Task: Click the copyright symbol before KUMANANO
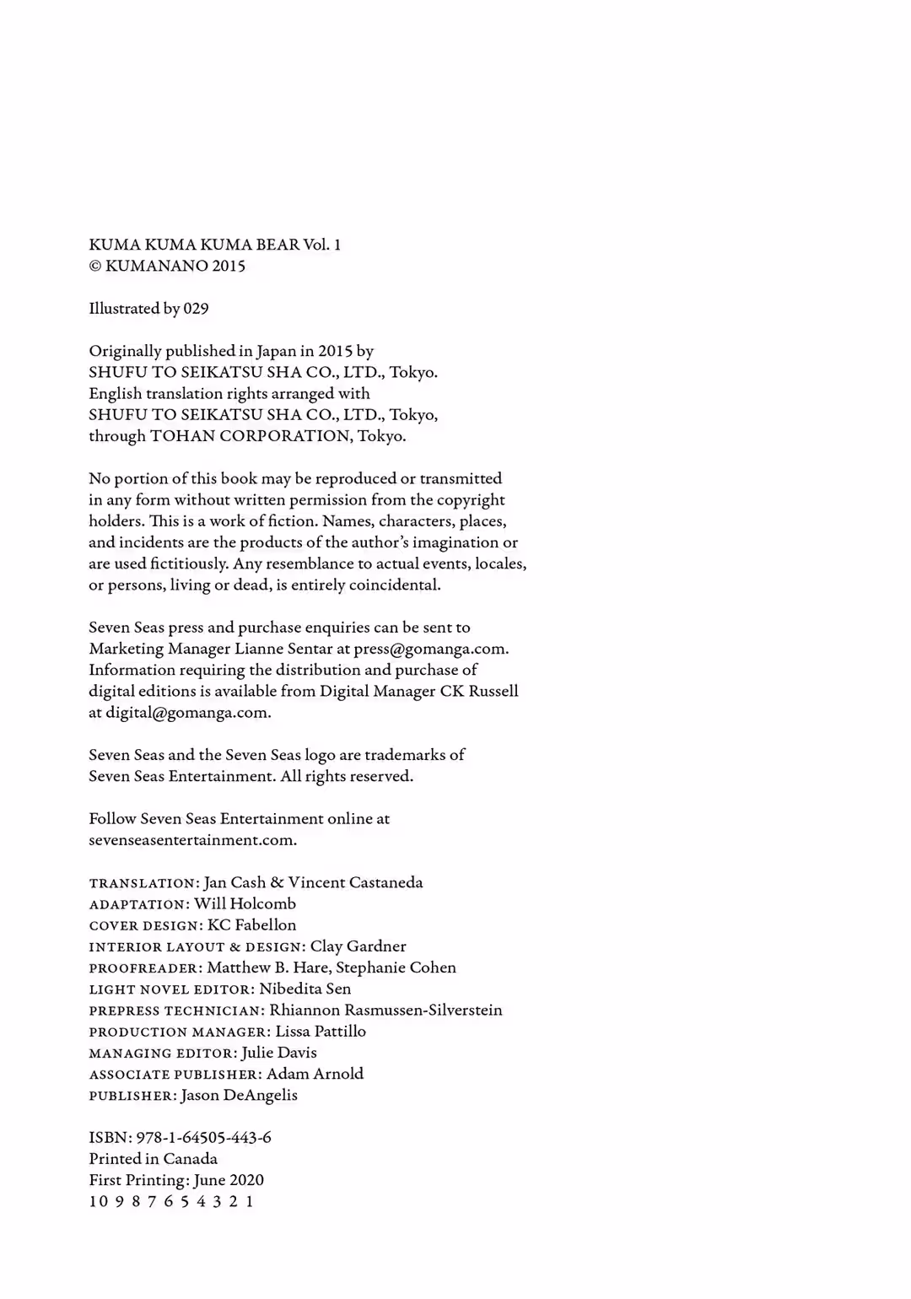(94, 267)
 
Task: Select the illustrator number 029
(196, 309)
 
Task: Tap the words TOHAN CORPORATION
(251, 436)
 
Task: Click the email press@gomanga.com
(430, 649)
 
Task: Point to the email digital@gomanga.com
(187, 713)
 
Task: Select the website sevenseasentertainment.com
(192, 840)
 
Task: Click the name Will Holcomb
(245, 904)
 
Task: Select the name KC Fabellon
(251, 925)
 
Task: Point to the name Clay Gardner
(358, 946)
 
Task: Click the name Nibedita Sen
(305, 989)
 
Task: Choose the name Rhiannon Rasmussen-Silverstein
(385, 1011)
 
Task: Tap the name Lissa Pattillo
(321, 1032)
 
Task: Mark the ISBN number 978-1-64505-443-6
(203, 1138)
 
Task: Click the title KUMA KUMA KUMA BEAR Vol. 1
(214, 245)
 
